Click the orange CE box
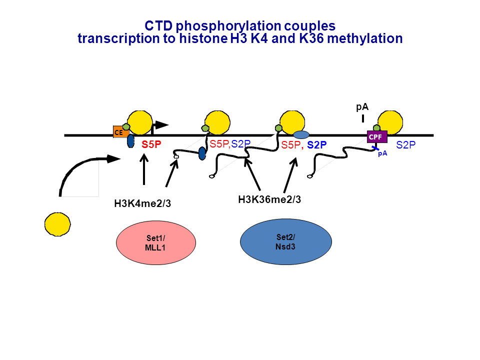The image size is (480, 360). tap(118, 132)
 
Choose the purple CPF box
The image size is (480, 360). tap(376, 136)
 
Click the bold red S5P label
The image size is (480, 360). tap(151, 145)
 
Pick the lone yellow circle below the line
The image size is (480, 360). tap(57, 224)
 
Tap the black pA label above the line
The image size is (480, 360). tap(362, 107)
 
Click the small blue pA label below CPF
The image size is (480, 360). tap(382, 154)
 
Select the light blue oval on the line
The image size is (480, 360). tap(301, 135)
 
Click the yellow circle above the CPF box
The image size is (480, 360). tap(390, 122)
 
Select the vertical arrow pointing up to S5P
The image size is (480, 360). tap(144, 170)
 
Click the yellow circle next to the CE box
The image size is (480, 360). tap(140, 122)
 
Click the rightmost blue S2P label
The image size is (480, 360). tap(406, 145)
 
